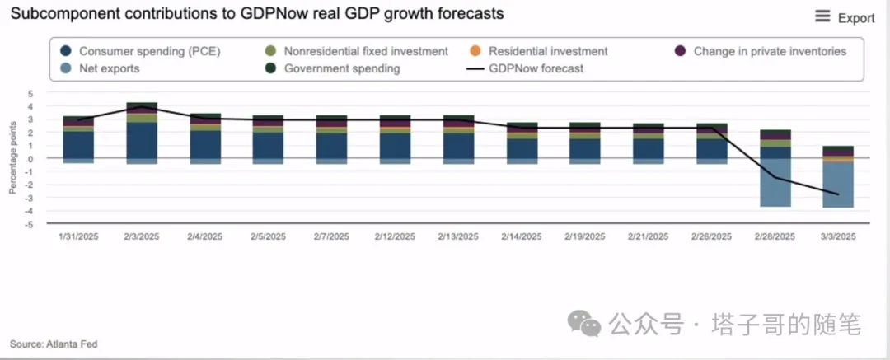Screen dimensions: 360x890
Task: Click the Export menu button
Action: coord(845,17)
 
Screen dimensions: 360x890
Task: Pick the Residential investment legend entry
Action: coord(540,51)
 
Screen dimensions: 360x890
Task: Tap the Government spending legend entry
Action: coord(334,68)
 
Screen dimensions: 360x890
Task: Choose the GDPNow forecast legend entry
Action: coord(527,68)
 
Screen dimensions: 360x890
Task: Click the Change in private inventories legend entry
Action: coord(762,51)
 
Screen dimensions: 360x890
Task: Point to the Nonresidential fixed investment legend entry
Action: coord(358,51)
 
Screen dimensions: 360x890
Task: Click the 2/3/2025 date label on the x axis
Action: coord(142,236)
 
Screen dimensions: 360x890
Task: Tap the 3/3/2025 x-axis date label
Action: coord(838,236)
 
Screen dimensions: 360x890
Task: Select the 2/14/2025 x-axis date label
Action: coord(522,236)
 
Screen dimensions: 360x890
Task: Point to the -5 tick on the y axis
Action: coord(30,224)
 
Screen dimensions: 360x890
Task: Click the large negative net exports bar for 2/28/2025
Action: coord(775,183)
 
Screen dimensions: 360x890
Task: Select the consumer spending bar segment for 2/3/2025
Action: coord(142,140)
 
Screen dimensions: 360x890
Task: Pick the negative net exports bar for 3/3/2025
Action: coord(838,185)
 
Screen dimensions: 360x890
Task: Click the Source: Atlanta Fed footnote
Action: coord(54,344)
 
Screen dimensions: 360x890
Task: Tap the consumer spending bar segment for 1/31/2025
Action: coord(78,144)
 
